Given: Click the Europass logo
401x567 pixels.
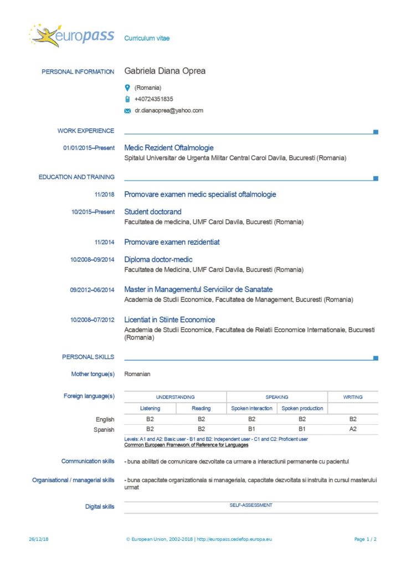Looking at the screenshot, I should pos(72,36).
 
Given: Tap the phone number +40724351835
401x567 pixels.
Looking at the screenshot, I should pos(153,99).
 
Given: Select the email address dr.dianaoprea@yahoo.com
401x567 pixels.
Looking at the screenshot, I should pos(168,110).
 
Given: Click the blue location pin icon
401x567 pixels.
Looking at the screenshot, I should pos(127,87).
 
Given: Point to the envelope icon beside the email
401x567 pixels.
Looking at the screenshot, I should pos(127,111).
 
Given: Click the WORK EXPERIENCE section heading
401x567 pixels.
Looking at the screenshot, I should pos(86,131).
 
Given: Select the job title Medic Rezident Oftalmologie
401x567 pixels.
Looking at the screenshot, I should pos(169,148).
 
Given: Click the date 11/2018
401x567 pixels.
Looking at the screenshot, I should pos(104,194).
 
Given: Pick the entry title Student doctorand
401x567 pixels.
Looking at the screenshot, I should pos(153,212).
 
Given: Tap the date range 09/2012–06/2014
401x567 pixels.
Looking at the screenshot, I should pos(92,290).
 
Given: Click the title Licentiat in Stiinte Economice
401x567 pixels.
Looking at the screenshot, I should pos(169,319).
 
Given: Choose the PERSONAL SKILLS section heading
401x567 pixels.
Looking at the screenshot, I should pos(88,357).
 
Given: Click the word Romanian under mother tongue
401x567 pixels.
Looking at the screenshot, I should pos(137,374).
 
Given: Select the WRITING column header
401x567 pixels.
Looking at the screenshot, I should pos(353,397).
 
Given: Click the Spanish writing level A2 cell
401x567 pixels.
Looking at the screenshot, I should pos(353,429).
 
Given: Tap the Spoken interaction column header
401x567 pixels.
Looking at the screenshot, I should pos(251,409).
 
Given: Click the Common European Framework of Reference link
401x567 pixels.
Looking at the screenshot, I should pos(186,445).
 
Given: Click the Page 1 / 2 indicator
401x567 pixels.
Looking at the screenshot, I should pos(366,539).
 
